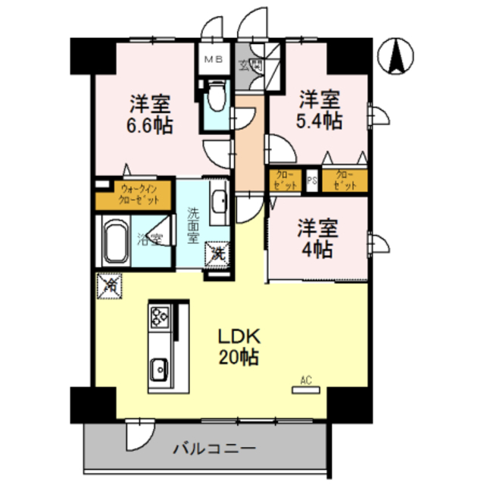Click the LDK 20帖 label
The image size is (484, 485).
click(x=239, y=346)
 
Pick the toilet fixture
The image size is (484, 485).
click(x=215, y=99)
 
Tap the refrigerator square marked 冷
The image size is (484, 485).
click(x=108, y=286)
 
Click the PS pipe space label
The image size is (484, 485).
click(x=312, y=180)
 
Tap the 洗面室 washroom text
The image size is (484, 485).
click(x=194, y=225)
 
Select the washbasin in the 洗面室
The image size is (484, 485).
click(x=220, y=201)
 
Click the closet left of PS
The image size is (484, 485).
click(x=285, y=180)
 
